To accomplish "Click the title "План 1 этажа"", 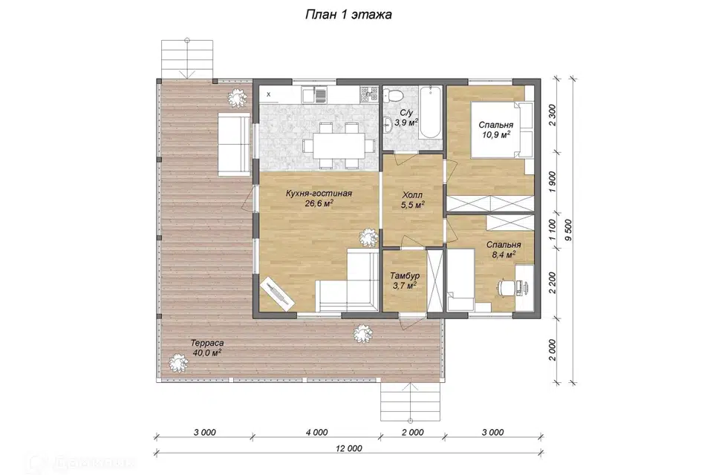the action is tap(348, 15).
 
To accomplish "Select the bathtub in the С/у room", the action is tap(430, 112).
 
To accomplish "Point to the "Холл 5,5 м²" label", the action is tap(413, 200).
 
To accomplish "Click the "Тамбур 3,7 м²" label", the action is tap(405, 281).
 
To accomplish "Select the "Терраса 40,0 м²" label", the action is tap(207, 348).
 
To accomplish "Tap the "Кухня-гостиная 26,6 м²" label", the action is tap(319, 199).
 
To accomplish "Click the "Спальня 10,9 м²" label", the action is tap(495, 130).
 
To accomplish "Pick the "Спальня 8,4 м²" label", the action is tap(504, 249).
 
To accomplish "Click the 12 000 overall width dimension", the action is tap(349, 448).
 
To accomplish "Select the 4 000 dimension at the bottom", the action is tap(316, 432).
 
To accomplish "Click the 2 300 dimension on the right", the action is tap(552, 116).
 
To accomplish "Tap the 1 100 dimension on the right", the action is tap(552, 231).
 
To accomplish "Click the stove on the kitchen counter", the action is tap(369, 94).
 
